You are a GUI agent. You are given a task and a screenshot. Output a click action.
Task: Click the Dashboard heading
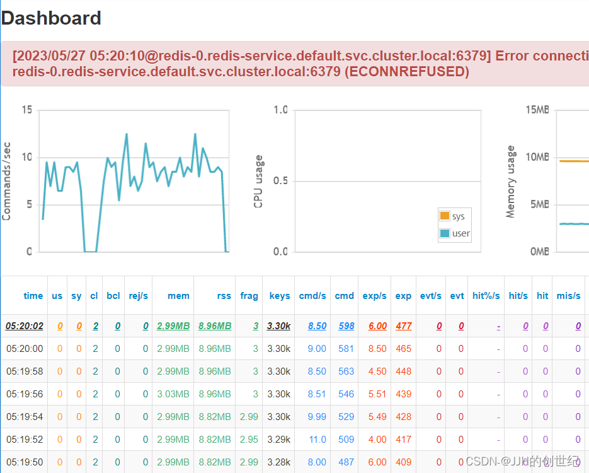coord(51,18)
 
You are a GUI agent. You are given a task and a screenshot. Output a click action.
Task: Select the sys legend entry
coord(458,216)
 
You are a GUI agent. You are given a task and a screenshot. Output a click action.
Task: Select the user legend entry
coord(460,233)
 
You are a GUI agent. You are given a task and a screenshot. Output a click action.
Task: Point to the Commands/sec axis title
coord(7,181)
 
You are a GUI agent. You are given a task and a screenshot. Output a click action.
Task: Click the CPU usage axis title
coord(258,181)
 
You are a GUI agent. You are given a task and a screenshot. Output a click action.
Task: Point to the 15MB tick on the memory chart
coord(537,110)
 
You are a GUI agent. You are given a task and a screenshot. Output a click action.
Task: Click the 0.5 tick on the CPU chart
coord(280,181)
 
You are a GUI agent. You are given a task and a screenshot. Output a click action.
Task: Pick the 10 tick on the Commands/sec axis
coord(26,157)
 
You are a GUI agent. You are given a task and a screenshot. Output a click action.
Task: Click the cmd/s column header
coord(312,296)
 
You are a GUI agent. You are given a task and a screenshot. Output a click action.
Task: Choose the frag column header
coord(249,296)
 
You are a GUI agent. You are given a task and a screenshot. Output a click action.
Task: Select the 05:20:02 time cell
coord(25,326)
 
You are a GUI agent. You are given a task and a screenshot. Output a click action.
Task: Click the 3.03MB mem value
coord(173,394)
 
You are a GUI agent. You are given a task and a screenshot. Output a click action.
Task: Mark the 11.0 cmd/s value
coord(317,440)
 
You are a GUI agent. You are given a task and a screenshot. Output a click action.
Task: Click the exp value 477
coord(403,326)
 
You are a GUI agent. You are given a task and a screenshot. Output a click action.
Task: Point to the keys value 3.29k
coord(278,440)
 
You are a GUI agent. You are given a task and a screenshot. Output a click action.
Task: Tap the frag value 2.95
coord(249,440)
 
